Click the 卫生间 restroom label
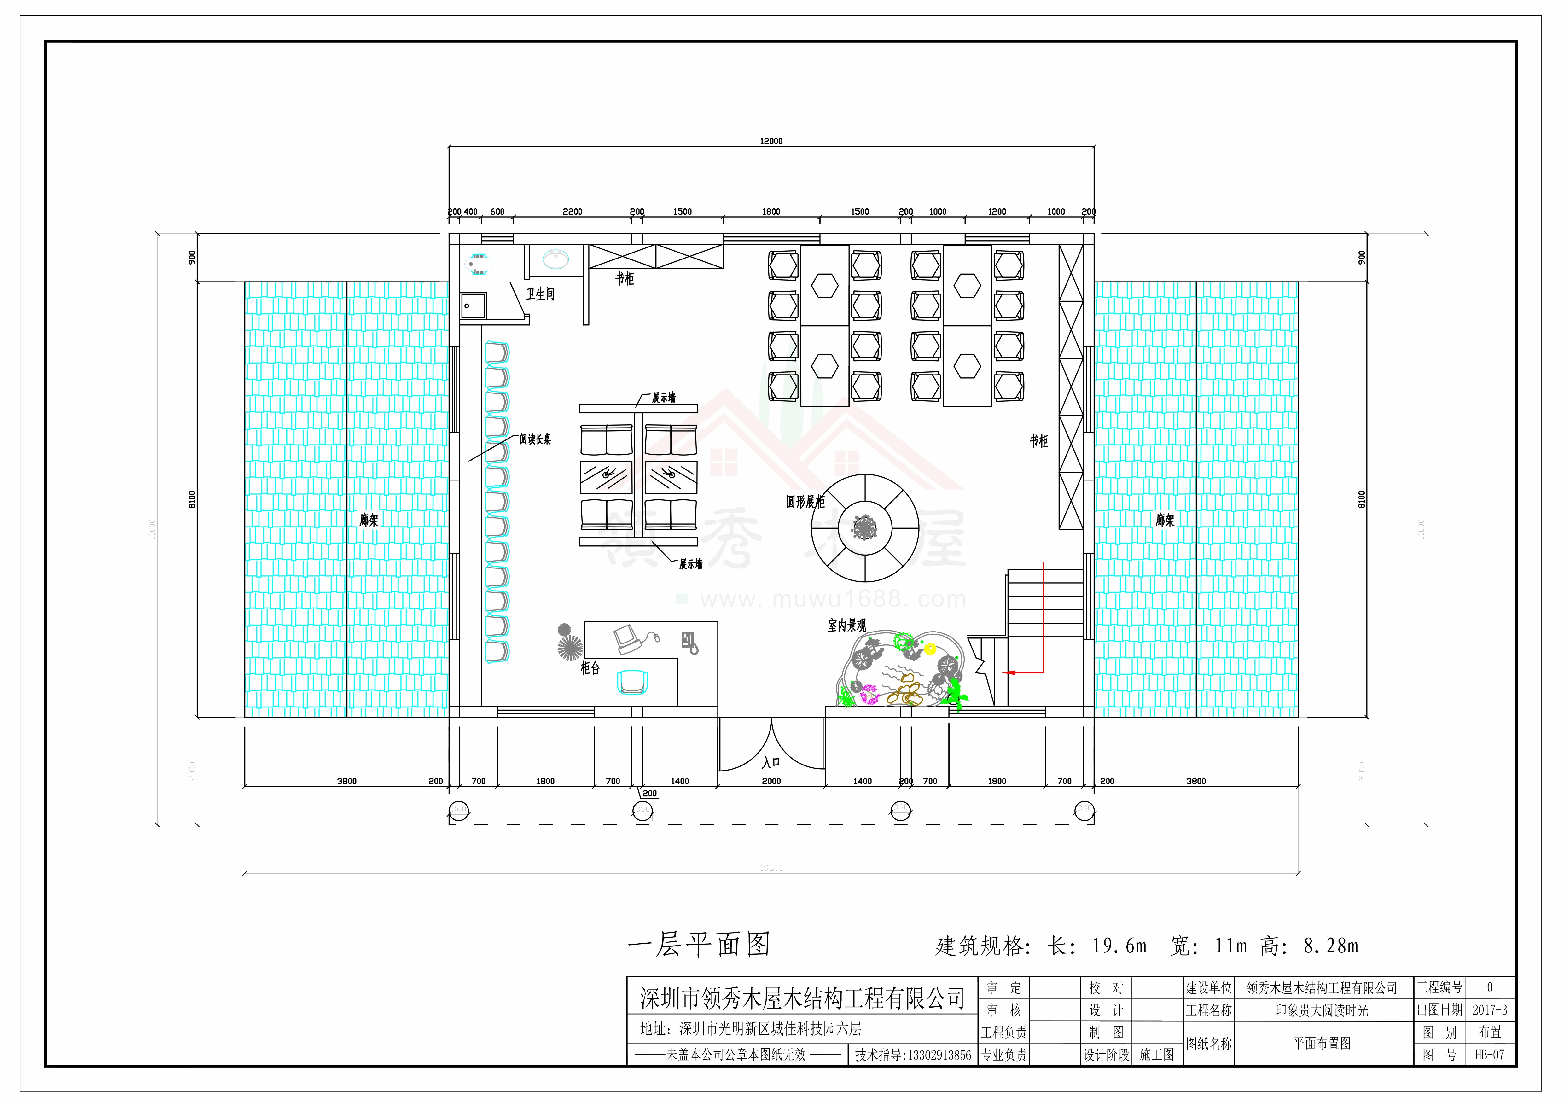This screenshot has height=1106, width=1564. [x=540, y=294]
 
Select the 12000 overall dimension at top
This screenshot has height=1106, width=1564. [x=771, y=141]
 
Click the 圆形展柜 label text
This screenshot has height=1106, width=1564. [x=805, y=502]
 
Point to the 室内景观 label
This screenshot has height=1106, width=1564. [x=847, y=625]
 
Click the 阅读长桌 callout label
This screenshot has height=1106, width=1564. [x=535, y=439]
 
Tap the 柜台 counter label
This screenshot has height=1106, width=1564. [x=590, y=668]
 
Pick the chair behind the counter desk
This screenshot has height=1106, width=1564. [x=632, y=682]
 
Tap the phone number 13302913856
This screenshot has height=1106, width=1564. [x=913, y=1055]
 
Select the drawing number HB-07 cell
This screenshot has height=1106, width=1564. [x=1490, y=1055]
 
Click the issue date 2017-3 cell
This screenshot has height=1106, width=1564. [x=1490, y=1010]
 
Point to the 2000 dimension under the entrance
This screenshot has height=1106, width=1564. [x=771, y=781]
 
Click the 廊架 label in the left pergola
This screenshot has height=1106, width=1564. [x=369, y=520]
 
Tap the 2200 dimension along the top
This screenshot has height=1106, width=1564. [x=572, y=212]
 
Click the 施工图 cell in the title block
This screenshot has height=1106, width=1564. [x=1157, y=1055]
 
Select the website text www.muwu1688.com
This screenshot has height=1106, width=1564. [x=832, y=599]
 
